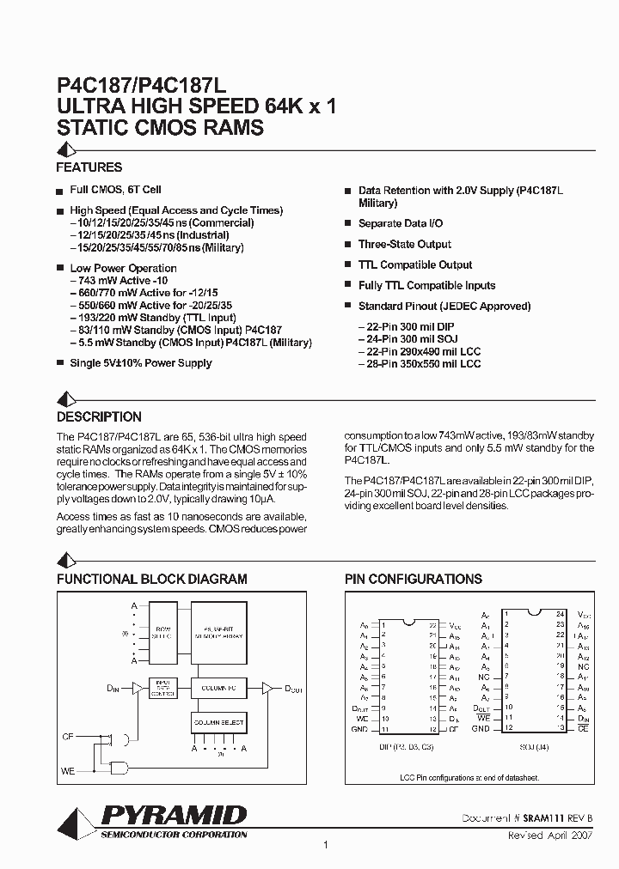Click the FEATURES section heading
point(89,167)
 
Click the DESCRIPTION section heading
point(99,417)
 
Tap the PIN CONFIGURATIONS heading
point(414,580)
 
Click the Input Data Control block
point(162,689)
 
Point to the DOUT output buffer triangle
point(267,687)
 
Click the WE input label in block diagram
point(68,770)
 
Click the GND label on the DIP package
point(359,729)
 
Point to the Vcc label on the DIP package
point(456,626)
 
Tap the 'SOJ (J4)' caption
point(532,745)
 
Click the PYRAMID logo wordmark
point(175,814)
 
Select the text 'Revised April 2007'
point(552,834)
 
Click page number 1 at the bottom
point(325,846)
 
